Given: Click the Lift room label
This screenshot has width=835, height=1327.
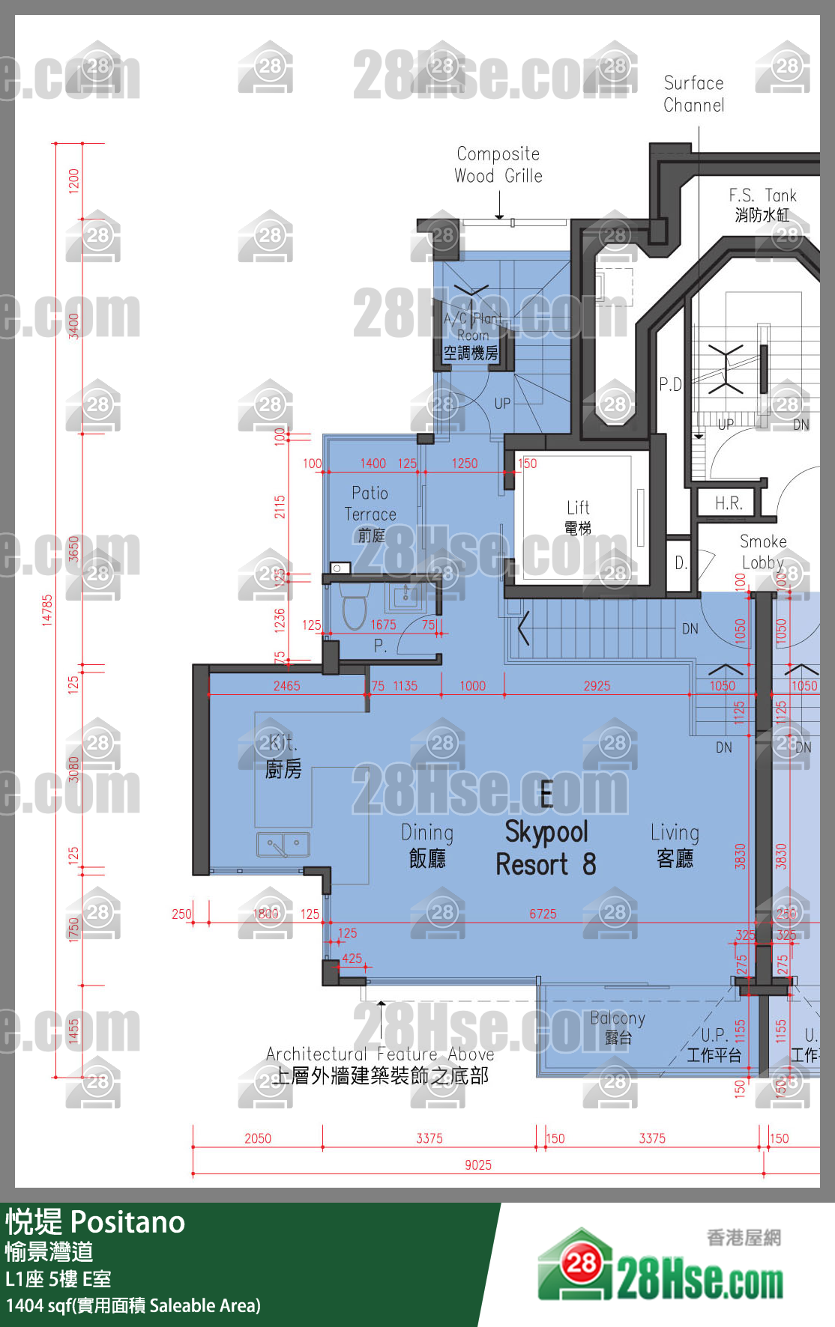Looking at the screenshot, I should (578, 517).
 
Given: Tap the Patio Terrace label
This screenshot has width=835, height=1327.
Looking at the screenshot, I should (370, 513).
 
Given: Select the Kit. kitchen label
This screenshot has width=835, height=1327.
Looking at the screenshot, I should (283, 756).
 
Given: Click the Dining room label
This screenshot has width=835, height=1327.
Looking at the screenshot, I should (427, 845).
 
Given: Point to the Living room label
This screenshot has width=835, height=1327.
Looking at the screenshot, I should (675, 845).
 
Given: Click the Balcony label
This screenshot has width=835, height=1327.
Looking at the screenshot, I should (617, 1027).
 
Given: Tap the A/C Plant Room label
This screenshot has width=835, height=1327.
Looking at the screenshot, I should (471, 335).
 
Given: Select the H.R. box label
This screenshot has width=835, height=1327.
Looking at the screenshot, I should (728, 503).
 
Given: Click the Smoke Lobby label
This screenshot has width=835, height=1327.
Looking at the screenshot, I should (763, 552).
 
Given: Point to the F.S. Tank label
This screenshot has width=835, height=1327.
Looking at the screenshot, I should (762, 204).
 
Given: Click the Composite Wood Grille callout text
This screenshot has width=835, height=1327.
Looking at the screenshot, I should (498, 165).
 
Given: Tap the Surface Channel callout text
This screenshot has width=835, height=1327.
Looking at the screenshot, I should (694, 94).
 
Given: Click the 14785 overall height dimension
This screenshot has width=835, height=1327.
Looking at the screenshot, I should (47, 610).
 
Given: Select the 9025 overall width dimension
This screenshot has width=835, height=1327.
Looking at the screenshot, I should (478, 1164).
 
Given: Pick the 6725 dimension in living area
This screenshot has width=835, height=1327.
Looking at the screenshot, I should (543, 914).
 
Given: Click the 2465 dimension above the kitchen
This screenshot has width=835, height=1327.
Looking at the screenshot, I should (286, 685).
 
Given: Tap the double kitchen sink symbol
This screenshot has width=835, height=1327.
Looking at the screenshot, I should (283, 844).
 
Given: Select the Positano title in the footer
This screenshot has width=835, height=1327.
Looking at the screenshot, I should (127, 1223).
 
